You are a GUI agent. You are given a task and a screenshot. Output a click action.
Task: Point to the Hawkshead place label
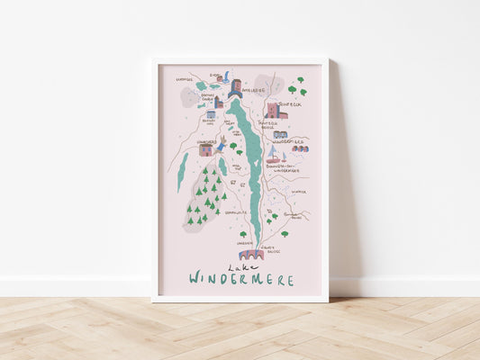205,140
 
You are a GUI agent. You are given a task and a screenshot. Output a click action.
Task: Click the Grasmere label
185,79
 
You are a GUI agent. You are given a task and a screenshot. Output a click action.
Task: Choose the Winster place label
299,191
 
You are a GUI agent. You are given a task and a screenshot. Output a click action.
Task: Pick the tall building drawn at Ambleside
235,87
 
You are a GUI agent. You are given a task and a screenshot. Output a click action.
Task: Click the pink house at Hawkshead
206,150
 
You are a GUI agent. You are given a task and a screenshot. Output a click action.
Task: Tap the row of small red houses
300,148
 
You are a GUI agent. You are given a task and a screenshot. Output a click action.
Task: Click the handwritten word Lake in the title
239,267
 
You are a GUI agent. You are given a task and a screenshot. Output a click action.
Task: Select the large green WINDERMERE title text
241,280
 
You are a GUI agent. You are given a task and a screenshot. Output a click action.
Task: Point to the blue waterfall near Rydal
227,76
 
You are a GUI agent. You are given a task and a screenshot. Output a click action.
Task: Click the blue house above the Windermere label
280,134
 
